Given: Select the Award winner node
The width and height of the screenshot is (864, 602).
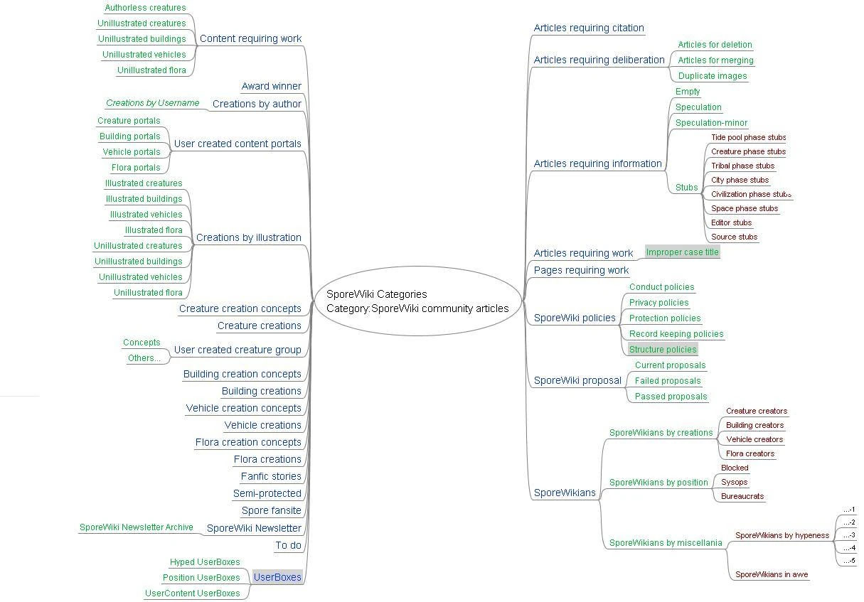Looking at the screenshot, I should coord(271,86).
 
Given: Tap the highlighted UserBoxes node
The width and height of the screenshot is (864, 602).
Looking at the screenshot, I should coord(277,577).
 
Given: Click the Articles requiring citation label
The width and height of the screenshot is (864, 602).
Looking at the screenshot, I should coord(589,28).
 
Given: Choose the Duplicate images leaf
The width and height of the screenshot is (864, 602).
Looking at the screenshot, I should coord(712,76).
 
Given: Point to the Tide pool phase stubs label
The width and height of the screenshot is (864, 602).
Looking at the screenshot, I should coord(748,137).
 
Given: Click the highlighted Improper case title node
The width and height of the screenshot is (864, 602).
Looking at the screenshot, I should coord(682,252).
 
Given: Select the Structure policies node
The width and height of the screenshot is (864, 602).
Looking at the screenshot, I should coord(663,349).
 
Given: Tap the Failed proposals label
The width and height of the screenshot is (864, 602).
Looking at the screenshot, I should coord(668,381).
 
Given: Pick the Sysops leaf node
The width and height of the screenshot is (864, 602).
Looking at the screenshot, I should coord(734,482).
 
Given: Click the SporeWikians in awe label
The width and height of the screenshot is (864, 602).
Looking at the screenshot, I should coord(772,574).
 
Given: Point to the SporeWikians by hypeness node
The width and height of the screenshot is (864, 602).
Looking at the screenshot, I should coord(782,535).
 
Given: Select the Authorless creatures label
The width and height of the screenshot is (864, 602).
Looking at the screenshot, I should coord(145,8).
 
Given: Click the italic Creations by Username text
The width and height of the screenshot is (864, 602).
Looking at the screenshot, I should coord(152,103).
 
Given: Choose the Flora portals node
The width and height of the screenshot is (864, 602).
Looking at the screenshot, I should coord(136,168).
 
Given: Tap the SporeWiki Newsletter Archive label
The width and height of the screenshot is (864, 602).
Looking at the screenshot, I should coord(136,527).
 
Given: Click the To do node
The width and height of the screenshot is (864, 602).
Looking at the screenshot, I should coord(288,545).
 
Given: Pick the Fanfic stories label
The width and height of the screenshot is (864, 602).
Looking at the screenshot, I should coord(271,476).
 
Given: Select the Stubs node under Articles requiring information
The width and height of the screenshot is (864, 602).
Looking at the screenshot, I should coord(686,188).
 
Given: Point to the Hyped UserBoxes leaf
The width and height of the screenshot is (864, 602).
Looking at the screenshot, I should coord(205,562).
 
